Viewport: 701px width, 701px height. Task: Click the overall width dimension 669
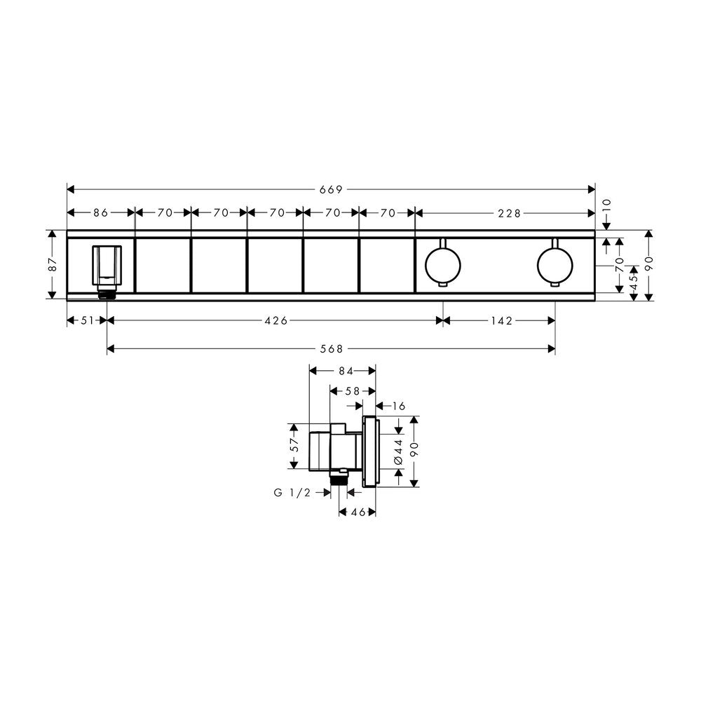pos(331,189)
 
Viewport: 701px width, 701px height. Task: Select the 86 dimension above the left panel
pos(100,213)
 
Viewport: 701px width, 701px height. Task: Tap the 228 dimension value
pos(509,213)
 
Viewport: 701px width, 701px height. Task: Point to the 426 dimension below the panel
pos(276,320)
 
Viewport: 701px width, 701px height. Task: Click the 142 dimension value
pos(501,320)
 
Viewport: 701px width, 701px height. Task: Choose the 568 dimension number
pos(332,348)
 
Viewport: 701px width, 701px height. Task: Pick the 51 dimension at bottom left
pos(87,320)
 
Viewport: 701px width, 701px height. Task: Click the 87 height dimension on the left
pos(53,265)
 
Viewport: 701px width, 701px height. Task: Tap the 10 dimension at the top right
pos(606,205)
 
